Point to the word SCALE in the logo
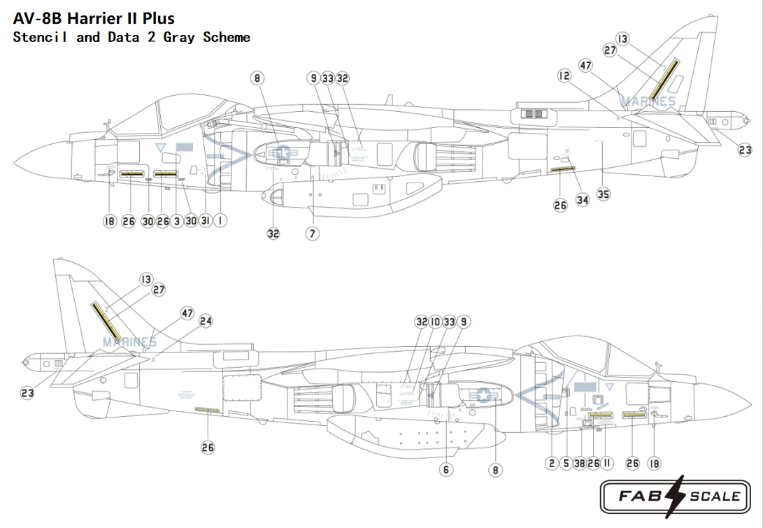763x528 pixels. point(715,497)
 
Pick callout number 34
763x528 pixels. point(583,199)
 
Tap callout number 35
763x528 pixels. point(604,194)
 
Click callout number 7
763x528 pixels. point(312,233)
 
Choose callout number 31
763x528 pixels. point(205,222)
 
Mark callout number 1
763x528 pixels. point(220,222)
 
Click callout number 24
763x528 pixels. point(205,321)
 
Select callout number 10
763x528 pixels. point(435,322)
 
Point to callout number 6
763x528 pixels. point(446,469)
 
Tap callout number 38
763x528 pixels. point(579,462)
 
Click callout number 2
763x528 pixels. point(552,462)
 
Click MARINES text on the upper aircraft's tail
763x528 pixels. point(648,102)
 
